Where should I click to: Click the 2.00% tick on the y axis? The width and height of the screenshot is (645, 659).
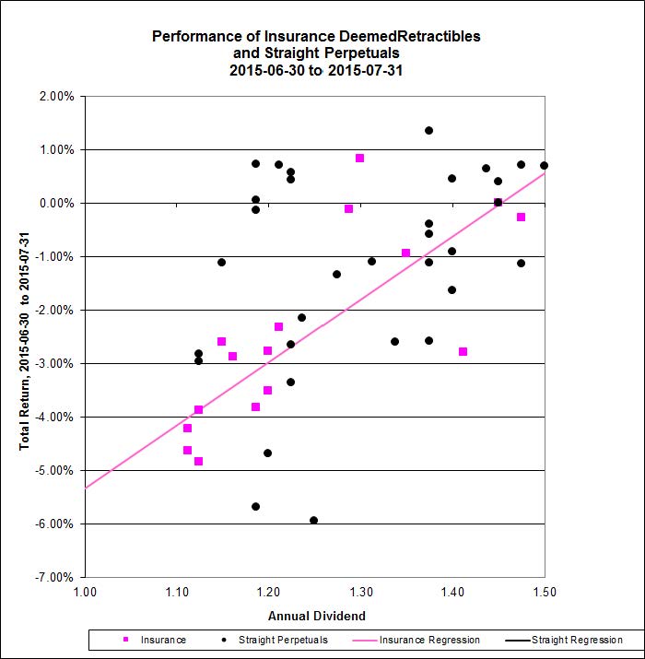pyautogui.click(x=57, y=96)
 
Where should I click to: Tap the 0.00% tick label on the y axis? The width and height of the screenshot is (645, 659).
pyautogui.click(x=57, y=203)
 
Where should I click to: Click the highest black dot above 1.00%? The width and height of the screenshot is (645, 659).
pyautogui.click(x=428, y=130)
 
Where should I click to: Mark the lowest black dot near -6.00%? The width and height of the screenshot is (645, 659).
pyautogui.click(x=313, y=520)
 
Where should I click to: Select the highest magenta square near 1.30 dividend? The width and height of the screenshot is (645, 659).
pyautogui.click(x=359, y=158)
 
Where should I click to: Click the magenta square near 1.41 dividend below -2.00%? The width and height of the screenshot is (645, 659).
pyautogui.click(x=463, y=351)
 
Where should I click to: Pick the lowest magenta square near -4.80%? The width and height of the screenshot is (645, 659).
pyautogui.click(x=198, y=461)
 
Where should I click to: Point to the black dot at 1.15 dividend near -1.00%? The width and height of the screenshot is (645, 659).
pyautogui.click(x=221, y=262)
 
